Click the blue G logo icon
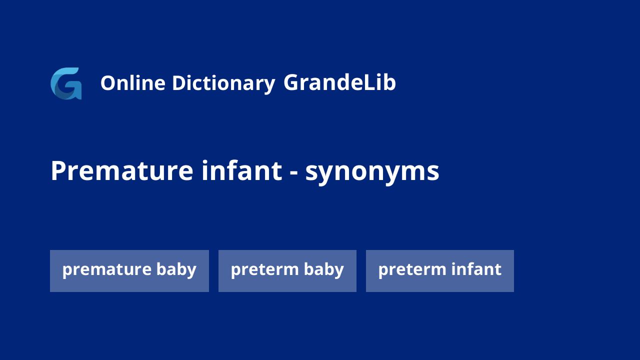point(66,83)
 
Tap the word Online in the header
point(133,83)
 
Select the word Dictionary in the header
point(223,84)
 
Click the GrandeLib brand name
point(339,82)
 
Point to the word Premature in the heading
point(122,170)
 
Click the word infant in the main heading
point(241,170)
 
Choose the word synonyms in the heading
point(372,172)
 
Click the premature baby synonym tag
point(129,271)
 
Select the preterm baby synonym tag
point(287,271)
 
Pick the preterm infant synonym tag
point(440,271)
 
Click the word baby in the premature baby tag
point(176,269)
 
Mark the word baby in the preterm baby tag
point(323,269)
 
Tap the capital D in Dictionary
point(179,83)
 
